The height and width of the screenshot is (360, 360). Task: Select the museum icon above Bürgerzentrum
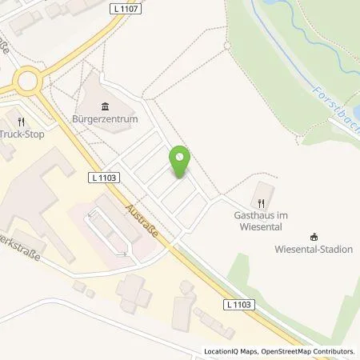(106, 106)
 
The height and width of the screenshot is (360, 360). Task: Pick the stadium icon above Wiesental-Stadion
(314, 236)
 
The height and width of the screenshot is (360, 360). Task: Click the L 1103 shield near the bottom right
(237, 305)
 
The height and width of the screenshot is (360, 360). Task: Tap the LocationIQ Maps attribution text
(234, 351)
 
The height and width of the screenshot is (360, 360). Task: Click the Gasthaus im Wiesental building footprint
(263, 192)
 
